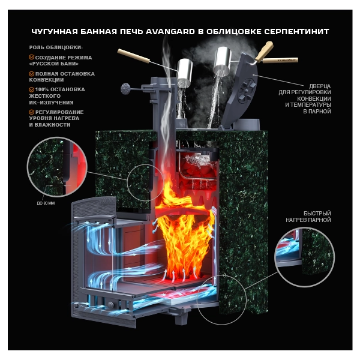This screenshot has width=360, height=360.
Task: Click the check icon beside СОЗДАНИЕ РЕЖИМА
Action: (32, 58)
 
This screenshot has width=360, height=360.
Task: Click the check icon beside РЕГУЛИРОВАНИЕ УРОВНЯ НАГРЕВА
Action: (32, 112)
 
